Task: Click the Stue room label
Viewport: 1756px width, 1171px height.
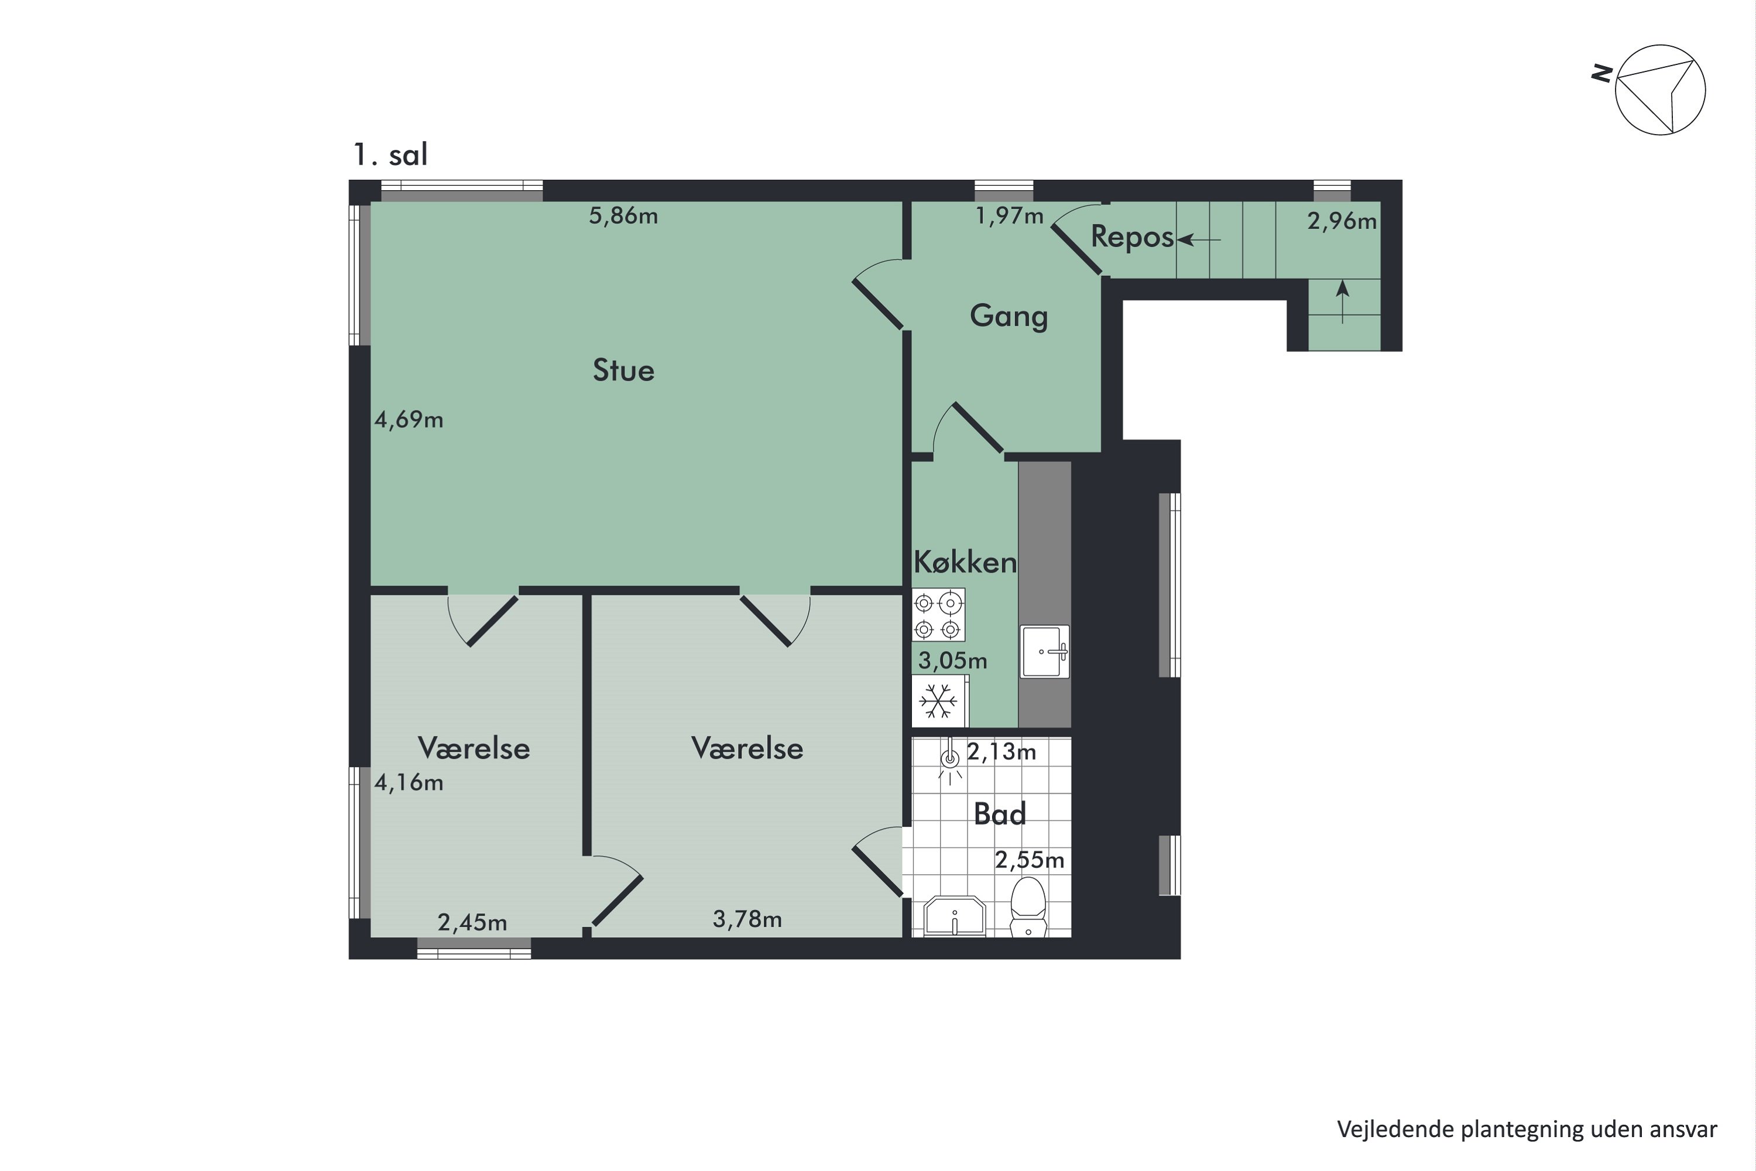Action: click(623, 371)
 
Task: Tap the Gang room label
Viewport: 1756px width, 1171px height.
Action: click(1009, 316)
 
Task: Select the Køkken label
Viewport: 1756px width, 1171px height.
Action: click(965, 562)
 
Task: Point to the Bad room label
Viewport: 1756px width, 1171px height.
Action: click(1000, 813)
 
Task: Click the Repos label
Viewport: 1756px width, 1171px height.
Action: click(1132, 237)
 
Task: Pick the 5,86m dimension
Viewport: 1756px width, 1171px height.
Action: click(623, 216)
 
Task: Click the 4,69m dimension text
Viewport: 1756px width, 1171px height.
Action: click(409, 420)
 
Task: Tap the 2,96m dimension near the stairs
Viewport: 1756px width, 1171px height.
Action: click(1342, 221)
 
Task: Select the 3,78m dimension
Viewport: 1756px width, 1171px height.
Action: click(747, 919)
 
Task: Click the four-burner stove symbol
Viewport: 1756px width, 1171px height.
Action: click(938, 615)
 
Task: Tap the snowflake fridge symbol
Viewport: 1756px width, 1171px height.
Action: click(938, 701)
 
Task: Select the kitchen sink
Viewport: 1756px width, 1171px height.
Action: click(1044, 651)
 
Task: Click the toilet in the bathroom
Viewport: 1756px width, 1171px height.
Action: click(1028, 906)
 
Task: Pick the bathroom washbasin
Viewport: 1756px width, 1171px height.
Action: click(955, 916)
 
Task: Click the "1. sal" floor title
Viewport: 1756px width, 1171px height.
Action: click(390, 155)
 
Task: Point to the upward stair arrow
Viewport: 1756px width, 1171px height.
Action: click(1342, 301)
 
